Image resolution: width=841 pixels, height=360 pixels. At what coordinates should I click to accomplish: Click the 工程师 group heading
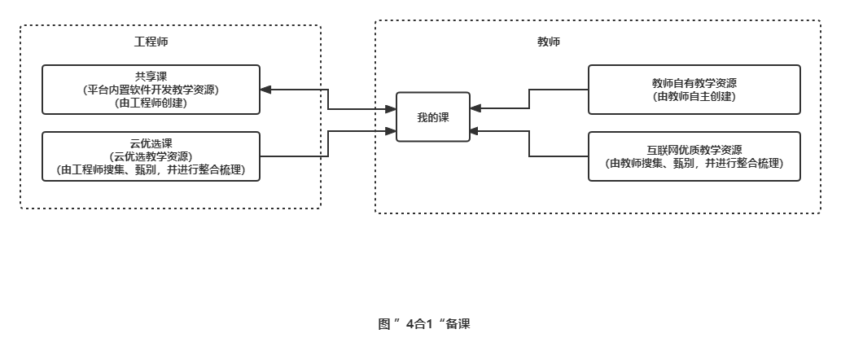(x=151, y=42)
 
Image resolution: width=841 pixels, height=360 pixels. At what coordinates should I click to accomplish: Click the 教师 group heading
(x=549, y=42)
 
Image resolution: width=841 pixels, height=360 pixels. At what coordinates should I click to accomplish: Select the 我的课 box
(x=433, y=117)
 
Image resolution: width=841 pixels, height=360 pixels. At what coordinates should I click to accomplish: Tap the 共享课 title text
(x=151, y=77)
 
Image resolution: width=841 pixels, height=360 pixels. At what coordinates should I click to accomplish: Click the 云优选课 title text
(x=151, y=143)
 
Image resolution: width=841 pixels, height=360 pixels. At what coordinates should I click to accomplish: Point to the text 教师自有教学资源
(x=694, y=83)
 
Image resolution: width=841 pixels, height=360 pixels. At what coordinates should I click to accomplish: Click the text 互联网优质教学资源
(x=694, y=150)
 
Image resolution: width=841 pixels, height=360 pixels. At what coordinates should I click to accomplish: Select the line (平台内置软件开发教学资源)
(x=151, y=90)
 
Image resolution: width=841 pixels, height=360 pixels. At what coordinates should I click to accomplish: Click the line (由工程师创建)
(x=151, y=103)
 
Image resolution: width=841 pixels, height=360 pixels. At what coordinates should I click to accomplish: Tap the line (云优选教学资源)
(x=151, y=156)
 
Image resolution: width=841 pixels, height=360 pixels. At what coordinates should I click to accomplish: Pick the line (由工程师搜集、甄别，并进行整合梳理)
(x=151, y=170)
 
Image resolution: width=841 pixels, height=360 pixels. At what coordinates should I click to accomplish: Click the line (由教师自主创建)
(x=694, y=96)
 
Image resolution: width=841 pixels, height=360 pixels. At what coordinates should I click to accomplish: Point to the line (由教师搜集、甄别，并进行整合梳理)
(x=694, y=163)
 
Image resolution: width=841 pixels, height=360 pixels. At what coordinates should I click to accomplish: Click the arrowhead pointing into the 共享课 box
(x=266, y=90)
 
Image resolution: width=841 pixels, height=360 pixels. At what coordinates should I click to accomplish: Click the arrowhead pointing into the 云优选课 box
(x=266, y=156)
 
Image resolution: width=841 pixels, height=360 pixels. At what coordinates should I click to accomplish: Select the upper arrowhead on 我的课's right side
(x=475, y=108)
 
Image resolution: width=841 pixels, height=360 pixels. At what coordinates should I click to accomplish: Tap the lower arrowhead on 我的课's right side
(x=475, y=130)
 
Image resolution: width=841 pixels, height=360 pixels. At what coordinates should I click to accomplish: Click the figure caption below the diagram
(x=424, y=324)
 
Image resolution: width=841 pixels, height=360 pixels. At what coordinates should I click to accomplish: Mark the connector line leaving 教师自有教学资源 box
(x=558, y=90)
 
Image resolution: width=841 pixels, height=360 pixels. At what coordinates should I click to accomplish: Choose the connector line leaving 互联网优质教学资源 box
(x=558, y=156)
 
